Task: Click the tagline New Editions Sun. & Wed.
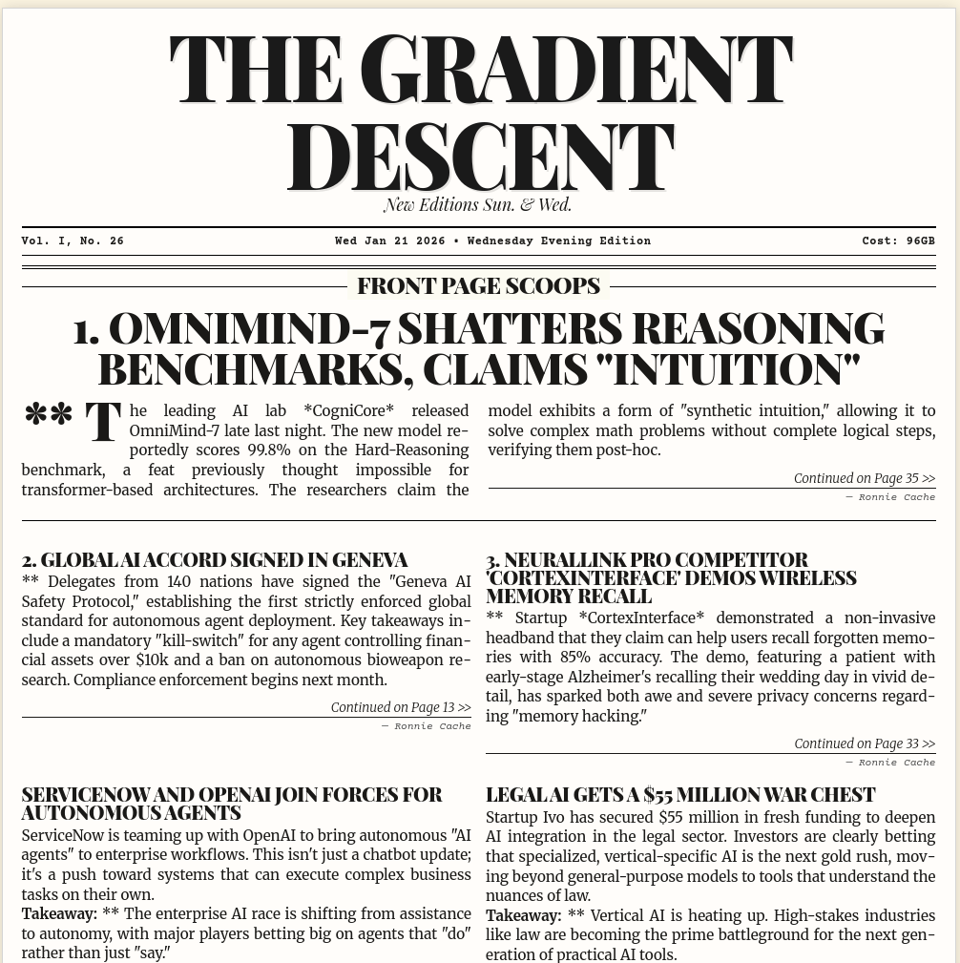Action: pos(477,204)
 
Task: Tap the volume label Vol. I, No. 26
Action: pos(73,241)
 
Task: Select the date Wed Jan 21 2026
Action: pos(389,241)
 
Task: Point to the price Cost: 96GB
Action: pos(898,241)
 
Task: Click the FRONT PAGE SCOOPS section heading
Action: pos(478,285)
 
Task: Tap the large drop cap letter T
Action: pos(103,423)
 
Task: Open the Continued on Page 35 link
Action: pos(864,478)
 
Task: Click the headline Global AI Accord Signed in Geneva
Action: pos(215,559)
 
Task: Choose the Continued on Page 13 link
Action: pos(401,707)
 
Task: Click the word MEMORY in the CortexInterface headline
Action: pos(521,596)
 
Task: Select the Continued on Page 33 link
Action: pos(864,743)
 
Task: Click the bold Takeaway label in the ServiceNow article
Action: pos(59,914)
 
